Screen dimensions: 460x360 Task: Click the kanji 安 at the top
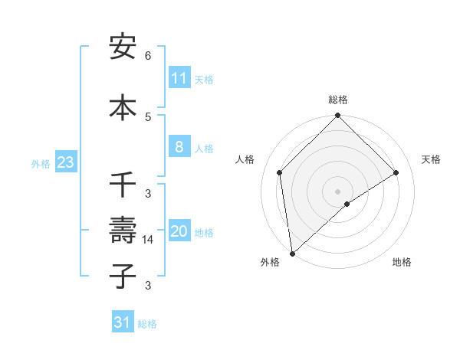123,48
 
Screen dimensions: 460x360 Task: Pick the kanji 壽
123,231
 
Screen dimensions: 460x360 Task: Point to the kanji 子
123,276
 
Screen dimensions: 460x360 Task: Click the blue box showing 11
179,78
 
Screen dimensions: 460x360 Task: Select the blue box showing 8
179,147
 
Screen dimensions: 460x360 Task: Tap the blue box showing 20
179,231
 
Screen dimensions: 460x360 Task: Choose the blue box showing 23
65,162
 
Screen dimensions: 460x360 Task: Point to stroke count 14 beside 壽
148,240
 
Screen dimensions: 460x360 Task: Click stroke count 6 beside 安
148,56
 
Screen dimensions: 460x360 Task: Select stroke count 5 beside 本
148,116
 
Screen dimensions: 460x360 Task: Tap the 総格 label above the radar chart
338,100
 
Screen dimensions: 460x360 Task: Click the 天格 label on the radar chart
431,159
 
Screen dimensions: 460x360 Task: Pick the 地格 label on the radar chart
402,263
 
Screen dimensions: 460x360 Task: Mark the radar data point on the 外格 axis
292,254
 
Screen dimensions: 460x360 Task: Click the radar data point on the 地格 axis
347,204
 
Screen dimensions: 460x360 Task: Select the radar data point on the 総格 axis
338,116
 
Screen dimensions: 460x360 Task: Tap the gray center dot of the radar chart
338,191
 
